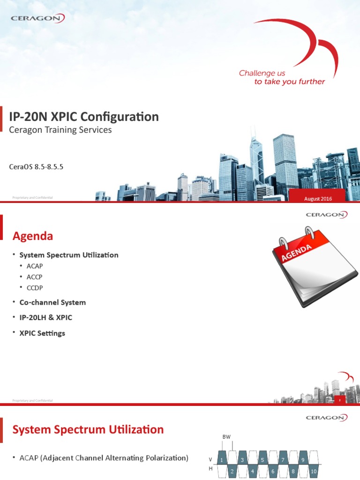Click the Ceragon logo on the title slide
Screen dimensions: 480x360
point(37,18)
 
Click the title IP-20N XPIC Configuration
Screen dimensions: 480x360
point(84,116)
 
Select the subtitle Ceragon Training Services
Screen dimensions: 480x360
point(61,130)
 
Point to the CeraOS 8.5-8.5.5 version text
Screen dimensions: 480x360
point(36,166)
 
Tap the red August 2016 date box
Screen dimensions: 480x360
point(318,199)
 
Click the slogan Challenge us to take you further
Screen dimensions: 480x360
point(282,77)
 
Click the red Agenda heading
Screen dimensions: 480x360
point(32,236)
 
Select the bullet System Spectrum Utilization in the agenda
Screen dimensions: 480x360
point(68,255)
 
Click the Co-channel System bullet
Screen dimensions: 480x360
point(52,302)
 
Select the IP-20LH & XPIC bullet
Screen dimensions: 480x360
point(46,317)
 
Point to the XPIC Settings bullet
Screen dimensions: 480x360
point(42,333)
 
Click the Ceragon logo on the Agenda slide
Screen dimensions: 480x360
point(326,215)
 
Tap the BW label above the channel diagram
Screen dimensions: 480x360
point(226,437)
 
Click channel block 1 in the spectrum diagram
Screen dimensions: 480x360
point(222,460)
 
